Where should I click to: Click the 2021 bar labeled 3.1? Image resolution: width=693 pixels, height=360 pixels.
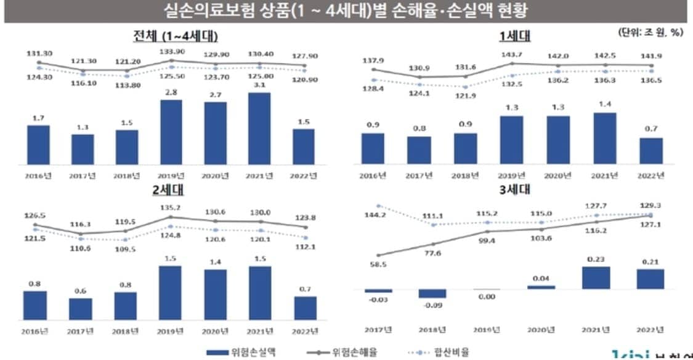pyautogui.click(x=259, y=128)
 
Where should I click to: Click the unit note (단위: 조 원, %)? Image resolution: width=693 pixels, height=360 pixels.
pyautogui.click(x=649, y=32)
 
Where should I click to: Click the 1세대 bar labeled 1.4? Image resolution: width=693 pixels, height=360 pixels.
pyautogui.click(x=604, y=138)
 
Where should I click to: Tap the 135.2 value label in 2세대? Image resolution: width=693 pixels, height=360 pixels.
pyautogui.click(x=169, y=207)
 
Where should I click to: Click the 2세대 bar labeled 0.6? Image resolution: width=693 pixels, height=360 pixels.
pyautogui.click(x=80, y=308)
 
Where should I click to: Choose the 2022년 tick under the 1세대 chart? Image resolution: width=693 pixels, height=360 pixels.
pyautogui.click(x=652, y=176)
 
